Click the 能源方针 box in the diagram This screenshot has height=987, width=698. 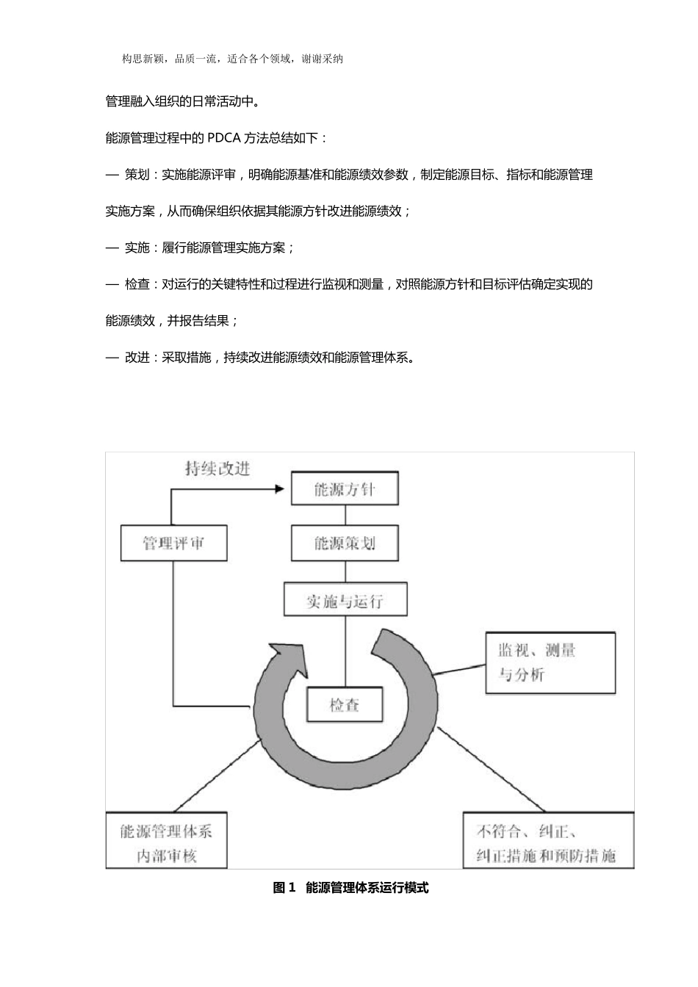point(345,489)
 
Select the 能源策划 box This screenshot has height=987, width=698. point(345,543)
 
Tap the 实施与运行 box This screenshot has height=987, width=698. point(345,600)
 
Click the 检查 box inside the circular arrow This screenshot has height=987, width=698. point(345,705)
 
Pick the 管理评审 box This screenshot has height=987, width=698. point(173,543)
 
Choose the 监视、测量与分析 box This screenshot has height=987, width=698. point(550,662)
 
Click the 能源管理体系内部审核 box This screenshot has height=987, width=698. point(167,842)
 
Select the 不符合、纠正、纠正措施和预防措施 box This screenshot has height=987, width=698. point(548,842)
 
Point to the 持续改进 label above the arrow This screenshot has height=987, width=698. point(217,468)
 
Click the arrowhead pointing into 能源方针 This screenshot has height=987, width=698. point(280,488)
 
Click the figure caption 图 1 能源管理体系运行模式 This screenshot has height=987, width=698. point(350,888)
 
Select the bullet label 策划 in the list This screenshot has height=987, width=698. point(137,175)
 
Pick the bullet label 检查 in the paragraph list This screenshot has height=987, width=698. point(137,284)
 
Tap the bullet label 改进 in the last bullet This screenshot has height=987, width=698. point(137,358)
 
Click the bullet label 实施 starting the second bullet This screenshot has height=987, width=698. point(137,247)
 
